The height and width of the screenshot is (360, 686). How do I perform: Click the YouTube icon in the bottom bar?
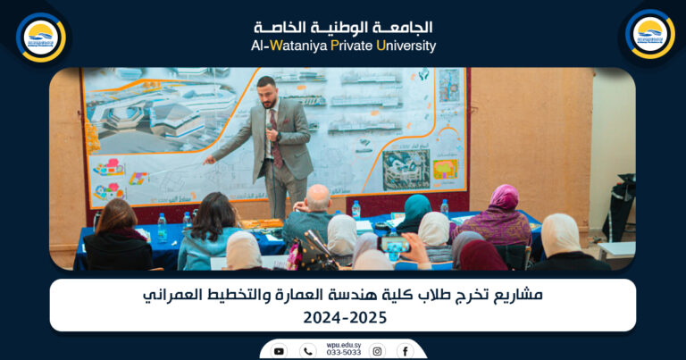pos(279,351)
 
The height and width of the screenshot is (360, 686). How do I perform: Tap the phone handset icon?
pos(308,351)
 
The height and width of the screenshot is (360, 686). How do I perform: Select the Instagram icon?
pos(378,351)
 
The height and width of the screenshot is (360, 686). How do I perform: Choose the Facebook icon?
pos(405,351)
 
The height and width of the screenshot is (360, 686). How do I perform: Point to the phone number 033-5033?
pos(344,354)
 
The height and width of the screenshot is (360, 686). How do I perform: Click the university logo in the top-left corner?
pos(41,37)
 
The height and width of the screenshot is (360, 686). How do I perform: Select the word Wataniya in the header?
pos(297,46)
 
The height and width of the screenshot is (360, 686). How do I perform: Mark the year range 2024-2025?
pos(343,317)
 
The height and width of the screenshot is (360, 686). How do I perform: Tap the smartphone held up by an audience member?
pos(394,244)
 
